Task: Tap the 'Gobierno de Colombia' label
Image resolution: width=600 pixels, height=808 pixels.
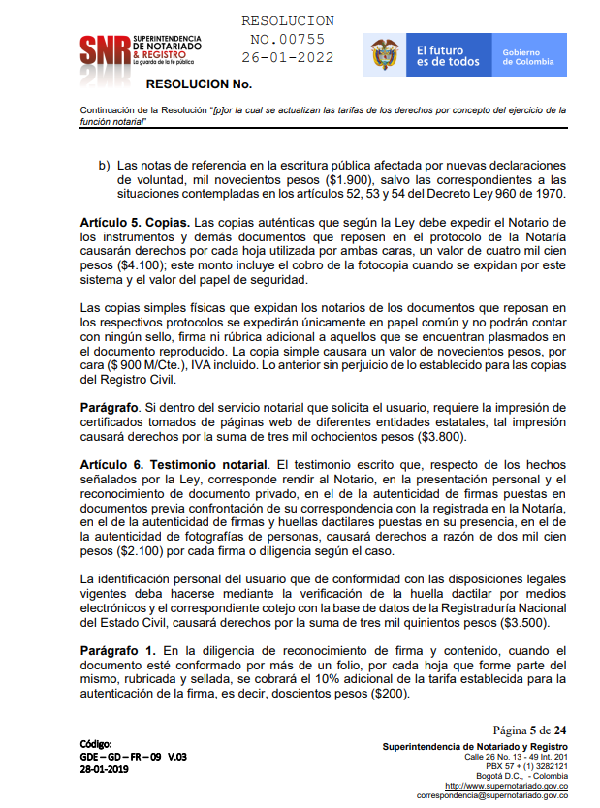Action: point(528,56)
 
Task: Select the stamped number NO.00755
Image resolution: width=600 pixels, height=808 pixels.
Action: point(287,39)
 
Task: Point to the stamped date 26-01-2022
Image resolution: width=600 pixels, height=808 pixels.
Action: point(287,57)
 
